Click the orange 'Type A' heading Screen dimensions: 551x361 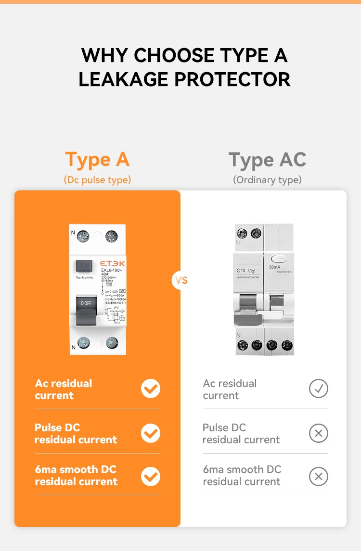click(x=97, y=160)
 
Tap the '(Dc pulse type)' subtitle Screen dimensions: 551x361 click(x=97, y=180)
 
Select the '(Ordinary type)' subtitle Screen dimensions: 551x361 click(x=267, y=180)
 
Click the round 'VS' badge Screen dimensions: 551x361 click(x=181, y=280)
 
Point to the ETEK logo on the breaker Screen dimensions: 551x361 click(x=112, y=263)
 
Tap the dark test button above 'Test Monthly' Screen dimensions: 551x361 click(x=85, y=265)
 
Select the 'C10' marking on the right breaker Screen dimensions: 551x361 click(x=242, y=270)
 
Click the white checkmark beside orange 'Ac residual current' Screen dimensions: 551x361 click(x=151, y=388)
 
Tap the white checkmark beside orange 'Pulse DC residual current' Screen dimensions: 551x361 click(x=151, y=433)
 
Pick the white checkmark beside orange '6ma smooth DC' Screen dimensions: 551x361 click(x=151, y=476)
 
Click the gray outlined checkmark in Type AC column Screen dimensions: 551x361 click(x=318, y=388)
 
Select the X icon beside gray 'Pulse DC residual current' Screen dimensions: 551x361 click(x=318, y=433)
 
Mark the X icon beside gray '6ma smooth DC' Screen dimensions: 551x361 click(x=318, y=476)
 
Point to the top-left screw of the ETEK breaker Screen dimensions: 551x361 click(x=84, y=236)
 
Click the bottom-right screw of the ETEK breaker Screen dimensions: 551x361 click(x=111, y=342)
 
